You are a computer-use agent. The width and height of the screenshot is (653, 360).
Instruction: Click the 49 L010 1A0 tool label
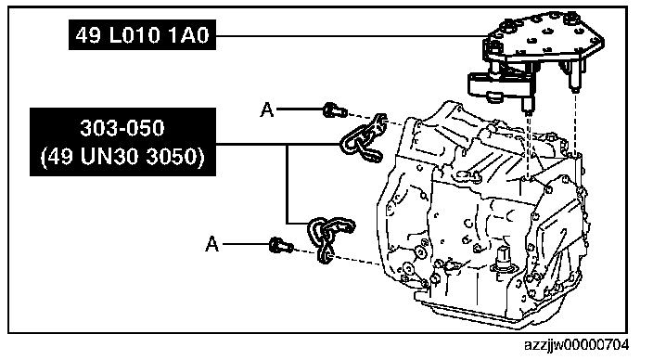pyautogui.click(x=142, y=34)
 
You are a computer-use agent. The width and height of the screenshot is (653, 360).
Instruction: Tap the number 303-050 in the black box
pyautogui.click(x=122, y=128)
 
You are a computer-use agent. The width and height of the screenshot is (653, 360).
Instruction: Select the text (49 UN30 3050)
pyautogui.click(x=122, y=157)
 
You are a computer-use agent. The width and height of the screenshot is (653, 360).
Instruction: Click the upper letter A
pyautogui.click(x=267, y=109)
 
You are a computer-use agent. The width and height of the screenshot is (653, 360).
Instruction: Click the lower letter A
pyautogui.click(x=212, y=244)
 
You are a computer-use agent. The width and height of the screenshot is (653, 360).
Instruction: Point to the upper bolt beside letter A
pyautogui.click(x=335, y=110)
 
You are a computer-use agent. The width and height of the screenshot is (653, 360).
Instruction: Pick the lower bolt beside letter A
pyautogui.click(x=281, y=245)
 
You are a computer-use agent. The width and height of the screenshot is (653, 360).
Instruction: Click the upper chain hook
pyautogui.click(x=364, y=139)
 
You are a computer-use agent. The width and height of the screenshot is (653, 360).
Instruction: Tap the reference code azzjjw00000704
pyautogui.click(x=576, y=345)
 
